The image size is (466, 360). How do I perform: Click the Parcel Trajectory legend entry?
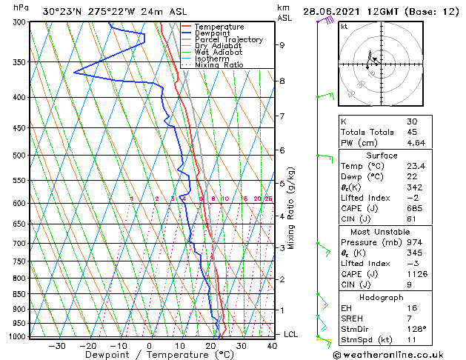tap(228, 39)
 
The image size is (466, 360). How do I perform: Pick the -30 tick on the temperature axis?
tap(57, 345)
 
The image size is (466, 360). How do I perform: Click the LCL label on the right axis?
tap(291, 334)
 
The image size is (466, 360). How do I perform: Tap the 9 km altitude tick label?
tap(282, 44)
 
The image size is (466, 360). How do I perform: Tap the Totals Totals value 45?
tap(411, 132)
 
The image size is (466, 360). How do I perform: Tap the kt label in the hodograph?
tap(344, 26)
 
